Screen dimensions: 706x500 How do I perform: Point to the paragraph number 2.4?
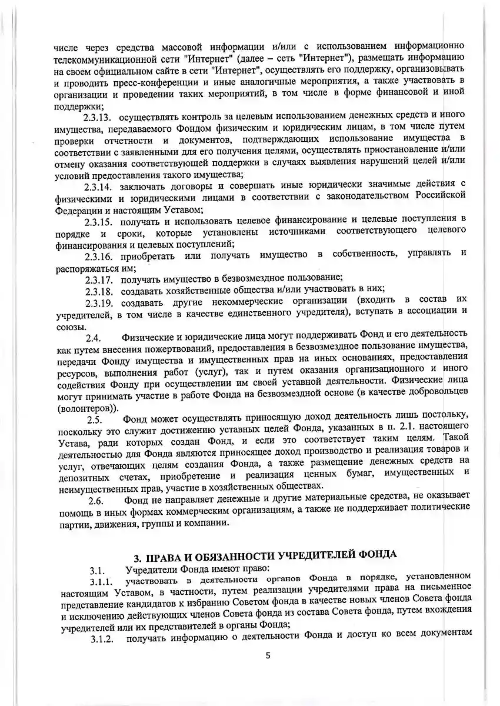pyautogui.click(x=94, y=338)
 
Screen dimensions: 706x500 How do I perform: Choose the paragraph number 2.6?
pyautogui.click(x=95, y=501)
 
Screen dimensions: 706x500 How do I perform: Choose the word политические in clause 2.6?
pyautogui.click(x=435, y=507)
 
